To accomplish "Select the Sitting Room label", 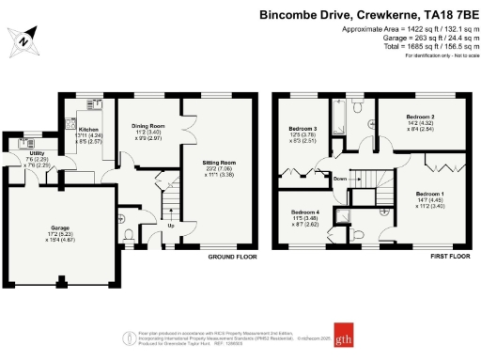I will (x=218, y=167).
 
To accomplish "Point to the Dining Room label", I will (x=148, y=132).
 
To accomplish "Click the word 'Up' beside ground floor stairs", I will (x=170, y=226).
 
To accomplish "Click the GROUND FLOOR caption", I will (x=231, y=255).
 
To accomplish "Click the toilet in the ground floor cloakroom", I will (x=129, y=235).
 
